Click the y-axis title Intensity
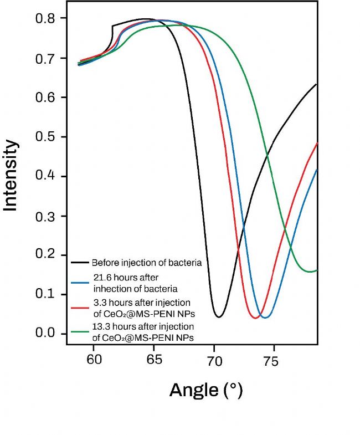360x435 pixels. [x=11, y=175]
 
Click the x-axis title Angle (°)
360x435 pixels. [x=205, y=390]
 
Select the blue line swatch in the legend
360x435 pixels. [x=80, y=283]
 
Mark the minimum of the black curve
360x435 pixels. [x=219, y=317]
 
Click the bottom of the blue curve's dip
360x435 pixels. [x=265, y=318]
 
